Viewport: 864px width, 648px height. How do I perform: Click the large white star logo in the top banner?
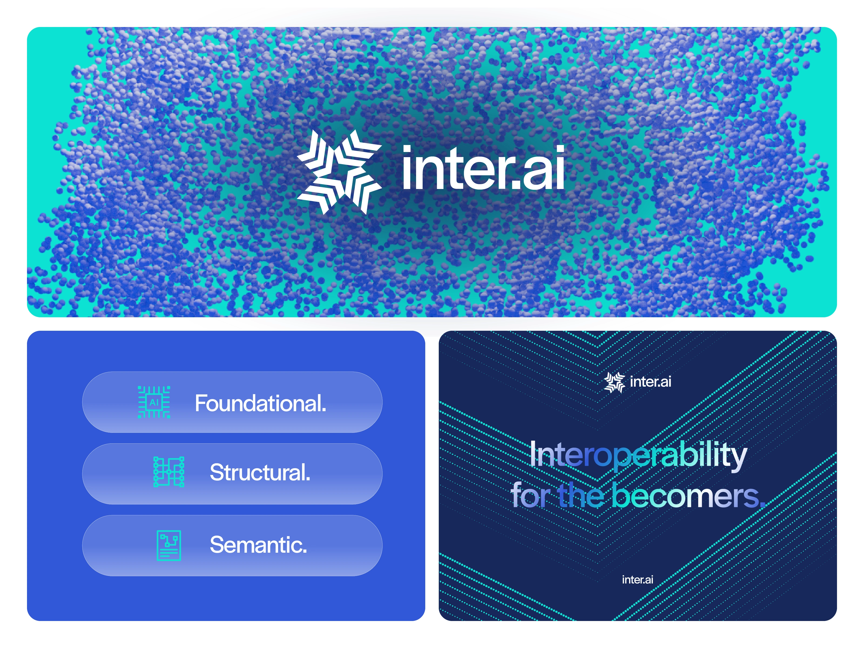click(x=339, y=172)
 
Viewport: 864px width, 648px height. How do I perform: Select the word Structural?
click(x=260, y=472)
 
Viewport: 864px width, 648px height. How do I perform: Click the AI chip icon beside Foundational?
click(x=154, y=402)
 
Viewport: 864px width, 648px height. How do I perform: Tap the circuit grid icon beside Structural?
click(x=169, y=472)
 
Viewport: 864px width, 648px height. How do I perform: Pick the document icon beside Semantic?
click(x=169, y=545)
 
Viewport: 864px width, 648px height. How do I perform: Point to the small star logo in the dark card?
click(x=615, y=382)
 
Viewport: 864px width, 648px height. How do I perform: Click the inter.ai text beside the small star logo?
click(x=650, y=382)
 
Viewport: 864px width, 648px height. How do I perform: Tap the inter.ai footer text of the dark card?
click(x=637, y=580)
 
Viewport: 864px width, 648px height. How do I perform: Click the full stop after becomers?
click(x=762, y=505)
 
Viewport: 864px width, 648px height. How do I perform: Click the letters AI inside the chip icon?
click(x=154, y=402)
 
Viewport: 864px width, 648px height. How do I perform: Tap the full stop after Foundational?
click(x=324, y=410)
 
